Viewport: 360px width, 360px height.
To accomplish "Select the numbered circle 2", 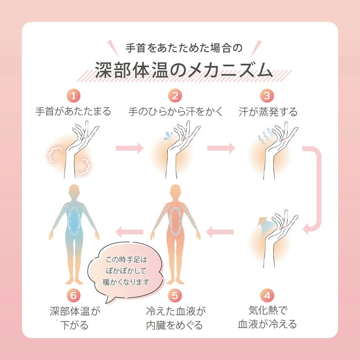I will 175,94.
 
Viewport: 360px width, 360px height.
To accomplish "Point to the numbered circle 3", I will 267,94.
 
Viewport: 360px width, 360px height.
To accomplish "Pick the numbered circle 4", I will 267,296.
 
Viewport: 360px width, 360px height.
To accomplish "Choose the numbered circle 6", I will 72,296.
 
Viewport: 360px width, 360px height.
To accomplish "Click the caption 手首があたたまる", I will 73,111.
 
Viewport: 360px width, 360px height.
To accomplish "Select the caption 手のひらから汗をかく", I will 176,111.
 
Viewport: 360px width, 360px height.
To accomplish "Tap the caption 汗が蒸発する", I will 268,111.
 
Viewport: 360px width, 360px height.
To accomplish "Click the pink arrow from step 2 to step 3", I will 221,147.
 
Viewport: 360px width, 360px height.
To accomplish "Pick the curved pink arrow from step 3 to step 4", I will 315,190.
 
